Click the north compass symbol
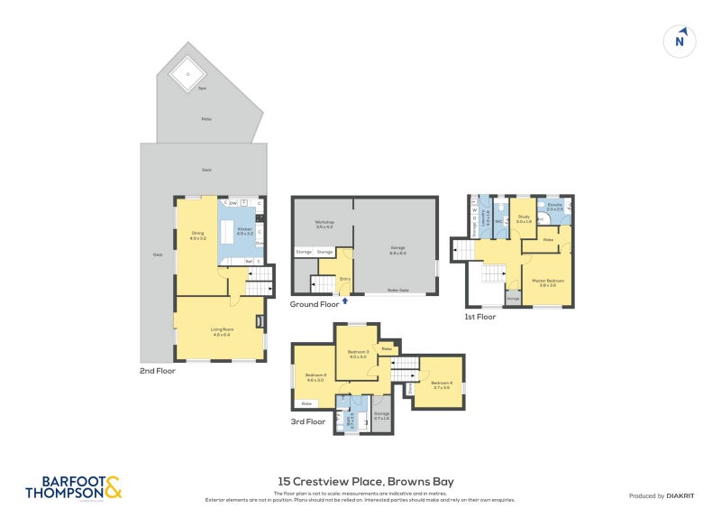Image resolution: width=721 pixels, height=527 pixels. (680, 41)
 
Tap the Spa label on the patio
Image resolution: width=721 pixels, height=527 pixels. (189, 89)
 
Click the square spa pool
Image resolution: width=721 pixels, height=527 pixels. (187, 73)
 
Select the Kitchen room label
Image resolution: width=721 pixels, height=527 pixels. (244, 231)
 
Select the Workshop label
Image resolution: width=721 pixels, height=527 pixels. (324, 223)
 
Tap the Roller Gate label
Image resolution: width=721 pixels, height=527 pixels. (397, 290)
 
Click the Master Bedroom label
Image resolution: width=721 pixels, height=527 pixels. (548, 281)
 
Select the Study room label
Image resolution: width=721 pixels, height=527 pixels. (524, 217)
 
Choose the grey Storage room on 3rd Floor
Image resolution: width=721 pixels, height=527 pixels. (381, 415)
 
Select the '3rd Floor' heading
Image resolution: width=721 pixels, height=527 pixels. (308, 421)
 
